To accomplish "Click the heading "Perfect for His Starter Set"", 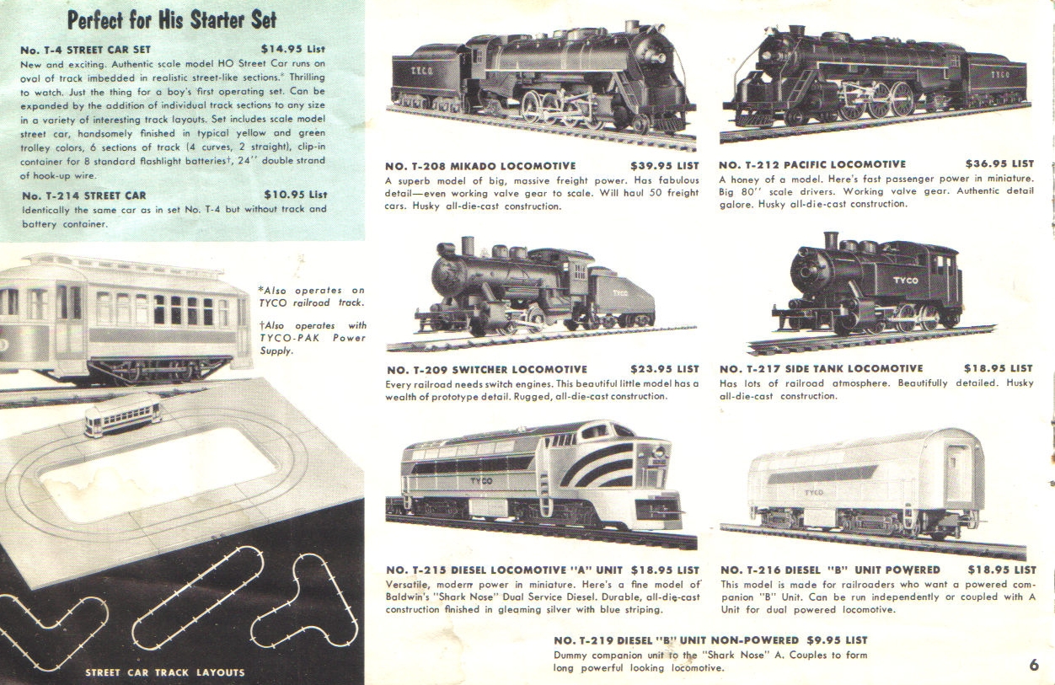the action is point(172,20).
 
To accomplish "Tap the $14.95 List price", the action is point(293,49).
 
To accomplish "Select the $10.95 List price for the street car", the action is point(295,195).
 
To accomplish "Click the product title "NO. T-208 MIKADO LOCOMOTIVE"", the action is point(480,166).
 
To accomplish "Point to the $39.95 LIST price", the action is point(665,166).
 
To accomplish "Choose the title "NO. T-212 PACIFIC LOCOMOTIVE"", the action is point(812,164).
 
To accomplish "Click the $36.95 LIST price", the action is point(999,163).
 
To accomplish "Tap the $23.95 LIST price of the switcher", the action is point(665,369).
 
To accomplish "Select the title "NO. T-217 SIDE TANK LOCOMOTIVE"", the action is point(822,369).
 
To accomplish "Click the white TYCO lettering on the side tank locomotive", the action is point(906,280).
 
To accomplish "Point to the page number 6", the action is point(1034,665).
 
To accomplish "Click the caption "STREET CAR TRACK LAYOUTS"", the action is point(165,672).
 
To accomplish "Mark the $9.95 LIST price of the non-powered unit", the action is point(837,640).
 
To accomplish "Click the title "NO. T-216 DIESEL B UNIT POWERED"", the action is point(830,570).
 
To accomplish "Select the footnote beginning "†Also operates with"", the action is point(313,338).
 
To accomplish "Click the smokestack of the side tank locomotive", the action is point(830,241).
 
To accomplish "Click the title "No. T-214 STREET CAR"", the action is point(84,195).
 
